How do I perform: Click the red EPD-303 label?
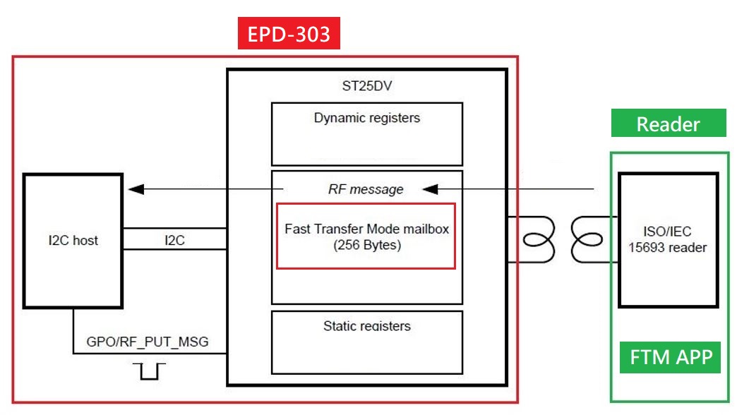pos(288,34)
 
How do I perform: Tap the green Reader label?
pos(668,124)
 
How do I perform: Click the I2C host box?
pos(72,241)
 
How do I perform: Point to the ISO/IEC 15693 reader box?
pos(668,240)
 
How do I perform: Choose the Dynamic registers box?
pos(366,133)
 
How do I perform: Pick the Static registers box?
pos(366,342)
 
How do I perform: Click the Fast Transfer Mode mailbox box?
pos(366,236)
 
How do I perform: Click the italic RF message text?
pos(366,189)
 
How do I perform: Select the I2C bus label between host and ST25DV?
pos(174,240)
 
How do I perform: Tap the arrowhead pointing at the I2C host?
pos(136,189)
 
